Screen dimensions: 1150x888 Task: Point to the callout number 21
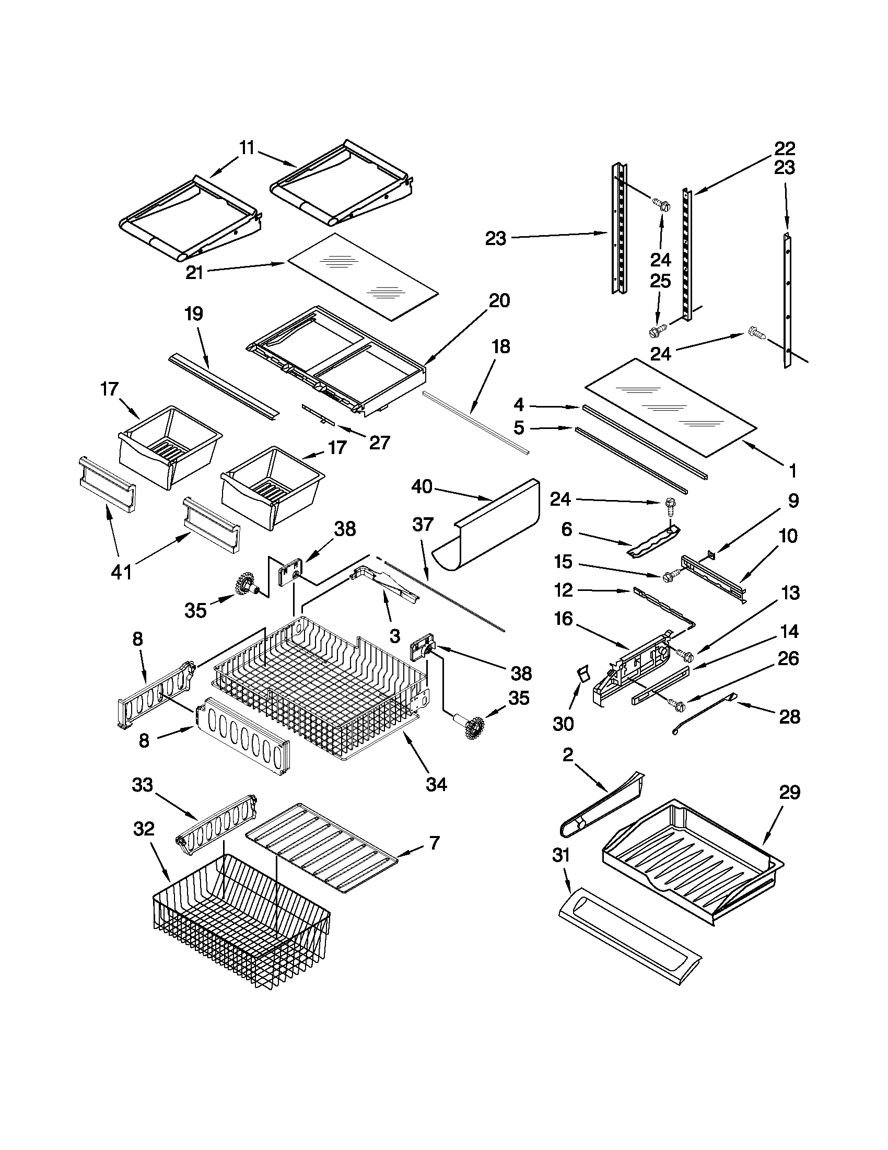pos(194,272)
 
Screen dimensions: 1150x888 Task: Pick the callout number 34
pos(436,784)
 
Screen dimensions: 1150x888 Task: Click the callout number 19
pos(194,314)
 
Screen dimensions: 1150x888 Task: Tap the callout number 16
pos(563,619)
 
